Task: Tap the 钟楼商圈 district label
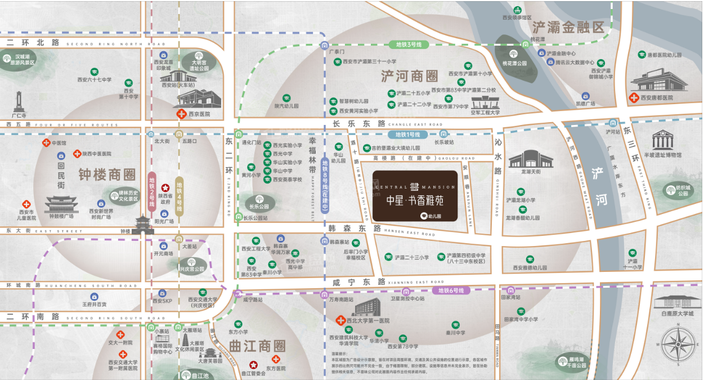tap(107, 174)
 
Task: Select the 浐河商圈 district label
tap(409, 76)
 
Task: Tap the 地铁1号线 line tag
tap(408, 135)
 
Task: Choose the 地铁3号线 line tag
tap(409, 44)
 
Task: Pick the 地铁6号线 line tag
tap(451, 290)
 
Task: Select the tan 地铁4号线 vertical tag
tap(179, 193)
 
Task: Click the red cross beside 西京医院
tap(181, 114)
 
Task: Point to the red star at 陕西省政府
tap(165, 187)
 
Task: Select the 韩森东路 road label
tap(354, 229)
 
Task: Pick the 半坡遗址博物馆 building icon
tap(662, 140)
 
